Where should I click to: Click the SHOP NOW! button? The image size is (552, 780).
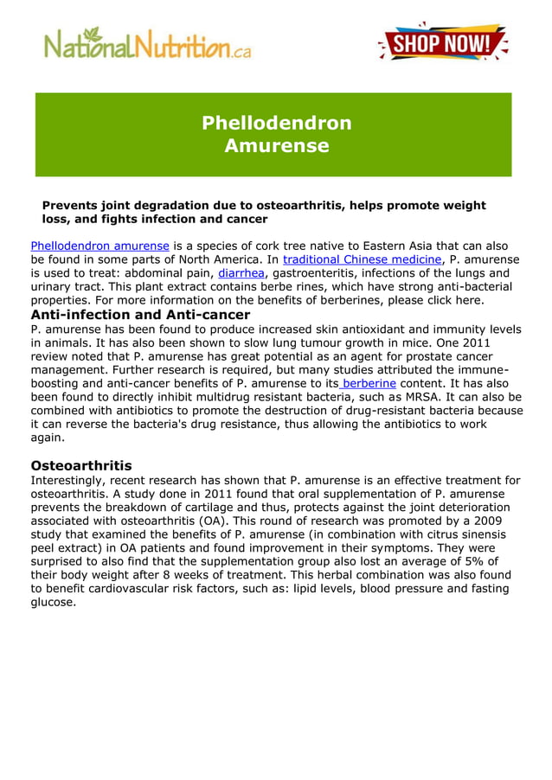click(443, 43)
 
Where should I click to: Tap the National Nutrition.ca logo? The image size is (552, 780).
click(148, 43)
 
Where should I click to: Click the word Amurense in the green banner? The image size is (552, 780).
click(276, 146)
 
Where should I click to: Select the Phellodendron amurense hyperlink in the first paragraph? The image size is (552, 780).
click(99, 246)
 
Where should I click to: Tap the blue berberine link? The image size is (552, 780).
click(369, 382)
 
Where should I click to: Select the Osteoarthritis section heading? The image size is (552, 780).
click(81, 465)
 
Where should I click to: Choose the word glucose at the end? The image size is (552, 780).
click(53, 603)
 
